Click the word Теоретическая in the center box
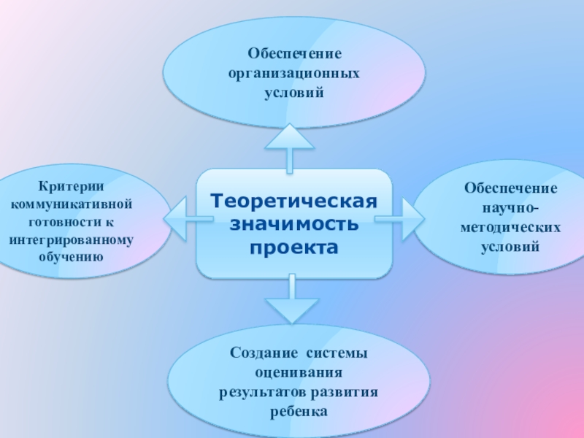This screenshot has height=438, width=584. pyautogui.click(x=294, y=200)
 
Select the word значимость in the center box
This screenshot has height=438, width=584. pyautogui.click(x=294, y=223)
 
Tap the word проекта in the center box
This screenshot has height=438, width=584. pyautogui.click(x=294, y=248)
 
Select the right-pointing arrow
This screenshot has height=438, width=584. pyautogui.click(x=406, y=216)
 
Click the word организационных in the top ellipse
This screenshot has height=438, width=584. pyautogui.click(x=293, y=74)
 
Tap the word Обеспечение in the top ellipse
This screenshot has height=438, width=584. pyautogui.click(x=293, y=54)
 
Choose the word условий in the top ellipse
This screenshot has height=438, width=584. pyautogui.click(x=293, y=93)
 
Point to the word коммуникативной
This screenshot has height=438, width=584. pyautogui.click(x=72, y=204)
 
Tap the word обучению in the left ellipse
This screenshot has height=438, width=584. pyautogui.click(x=72, y=257)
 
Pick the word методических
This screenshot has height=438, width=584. pyautogui.click(x=510, y=228)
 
